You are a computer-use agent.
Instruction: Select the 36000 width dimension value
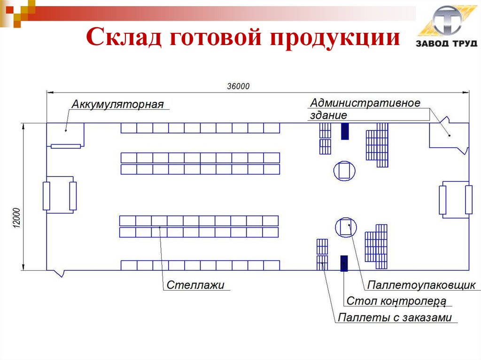click(x=239, y=86)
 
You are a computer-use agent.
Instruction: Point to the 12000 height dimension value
click(x=16, y=218)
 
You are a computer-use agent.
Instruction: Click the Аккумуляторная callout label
click(x=117, y=104)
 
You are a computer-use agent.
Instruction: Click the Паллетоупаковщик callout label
click(x=421, y=285)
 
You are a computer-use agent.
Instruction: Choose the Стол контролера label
click(x=396, y=301)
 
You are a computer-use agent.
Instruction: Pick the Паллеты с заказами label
click(x=395, y=317)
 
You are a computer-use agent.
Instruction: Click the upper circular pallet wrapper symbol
click(x=345, y=170)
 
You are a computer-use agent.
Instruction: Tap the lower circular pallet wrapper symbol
click(x=347, y=228)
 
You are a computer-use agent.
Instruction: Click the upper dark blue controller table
click(x=345, y=131)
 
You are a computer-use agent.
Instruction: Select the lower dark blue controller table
click(x=344, y=263)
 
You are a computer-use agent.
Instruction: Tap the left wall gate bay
click(x=59, y=195)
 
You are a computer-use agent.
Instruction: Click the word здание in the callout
click(x=328, y=115)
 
